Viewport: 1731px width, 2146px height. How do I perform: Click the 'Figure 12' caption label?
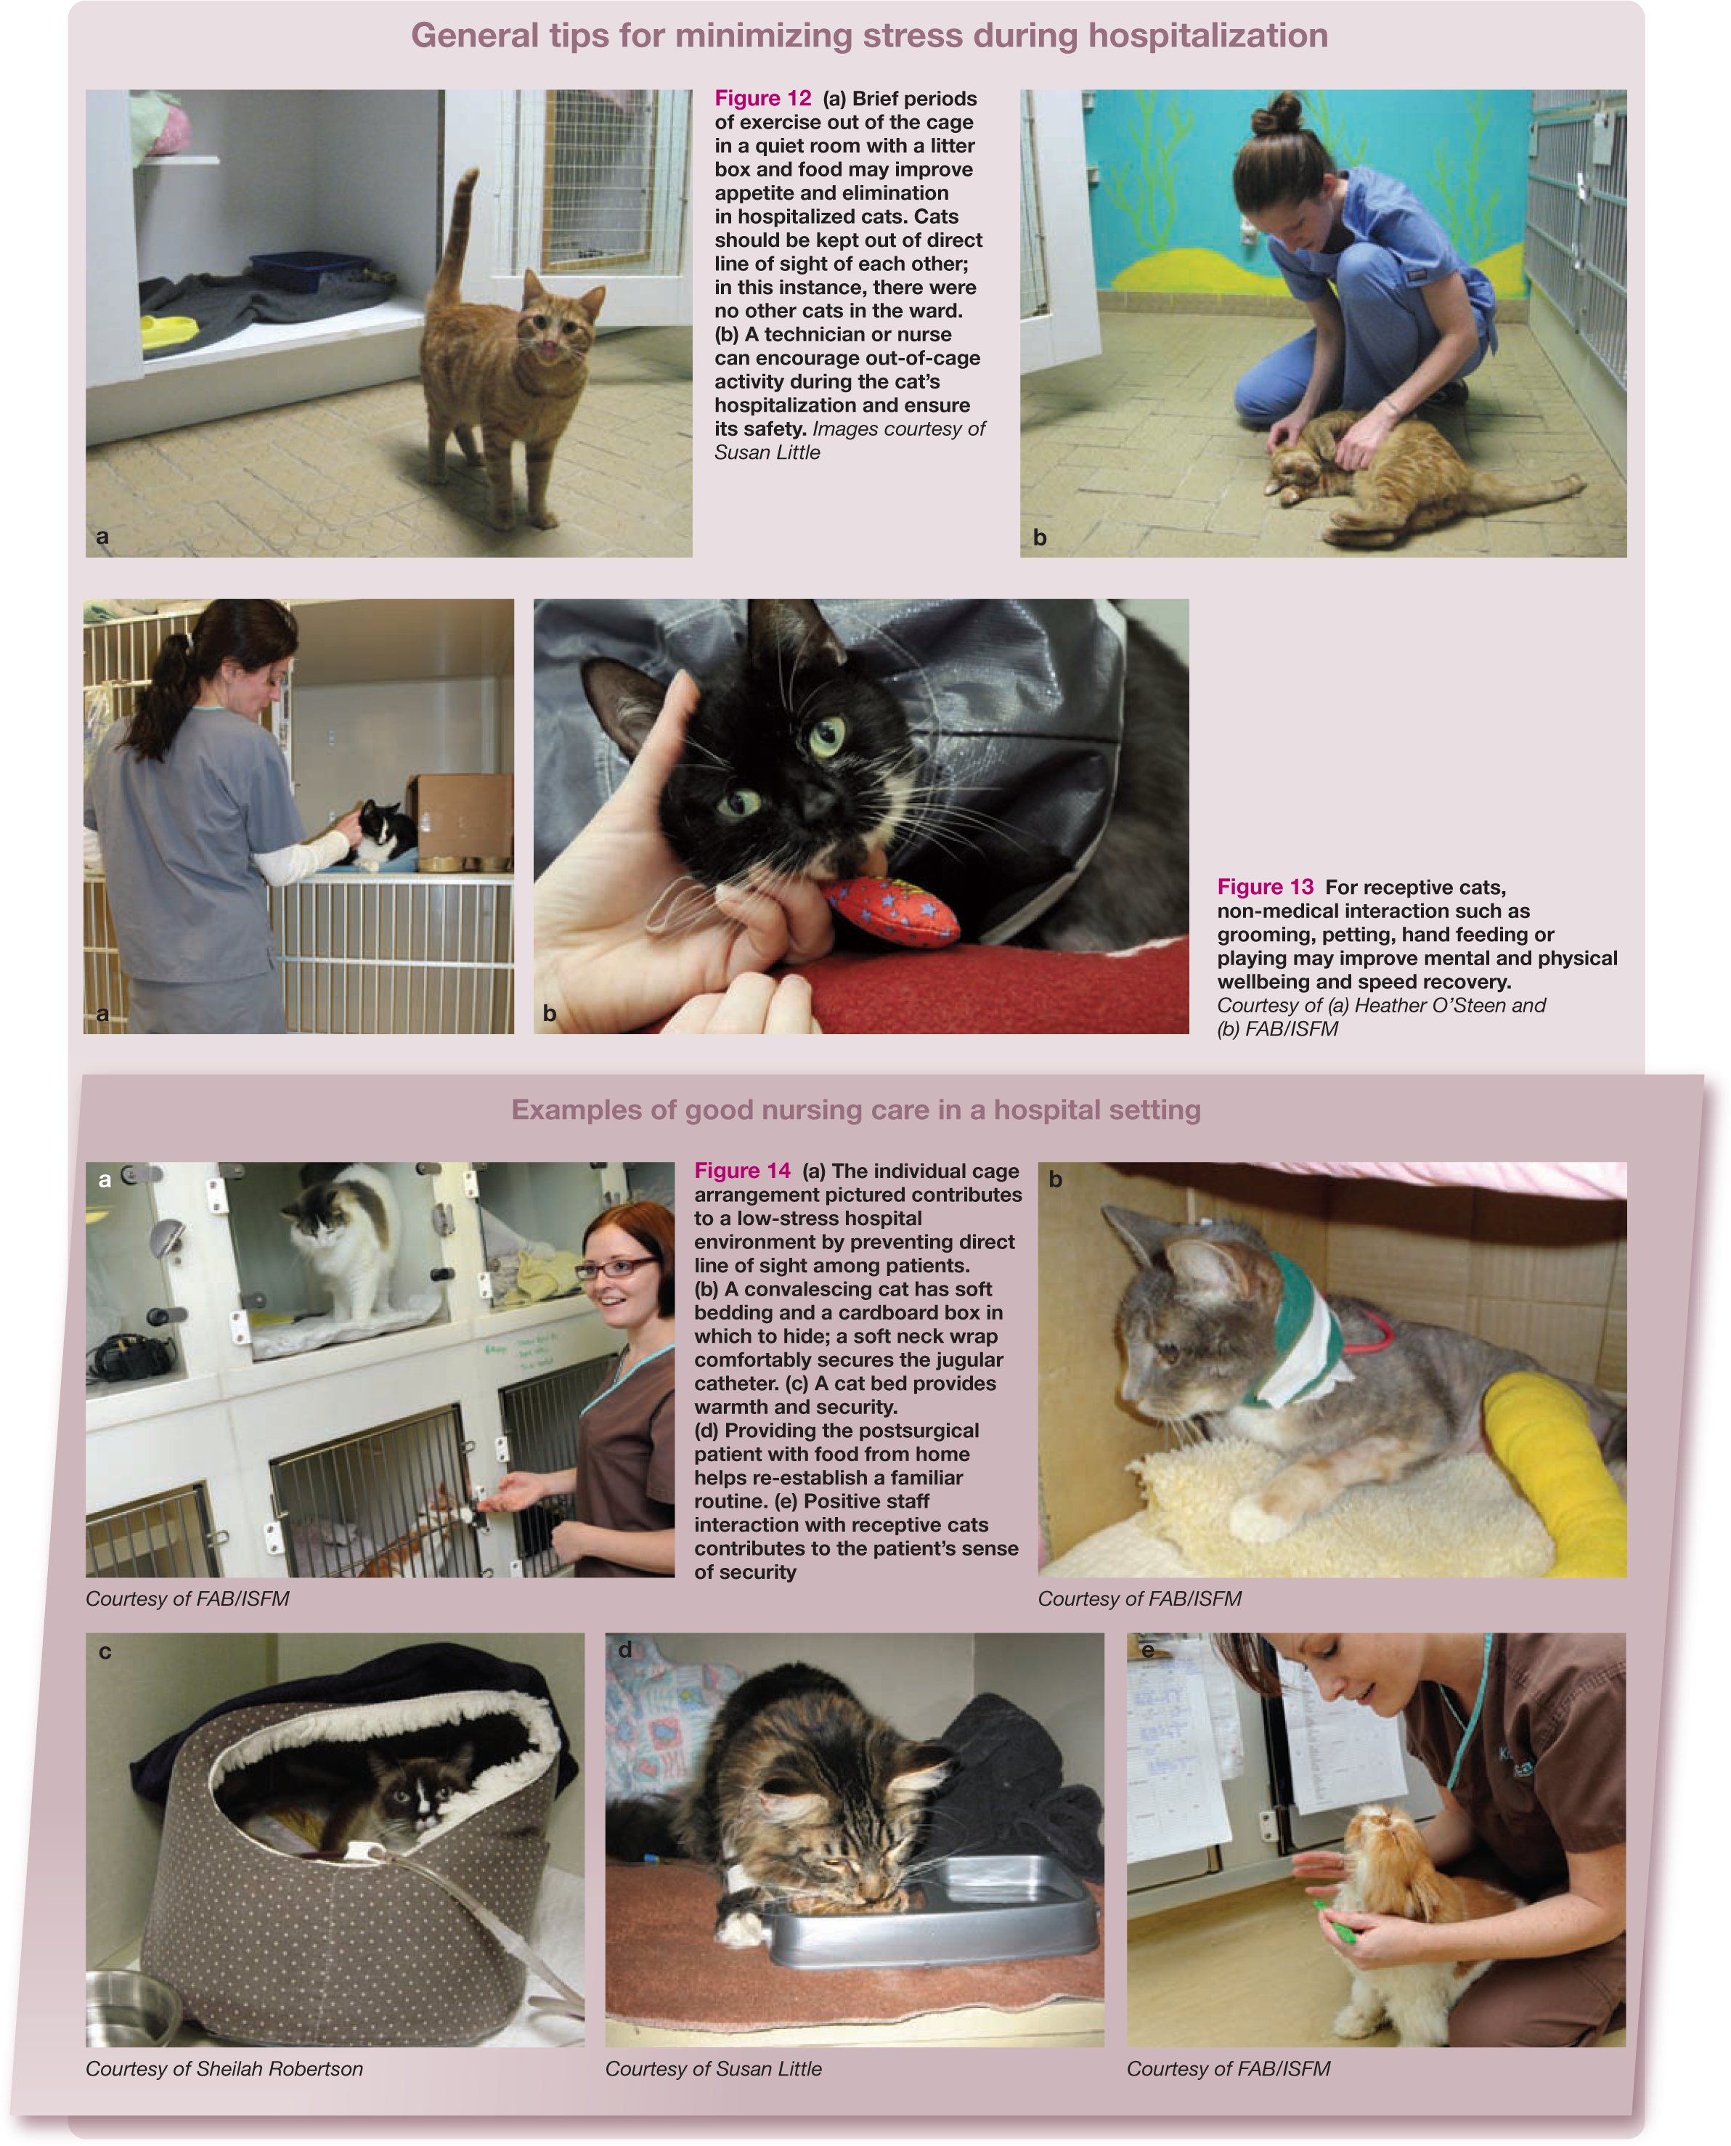[763, 98]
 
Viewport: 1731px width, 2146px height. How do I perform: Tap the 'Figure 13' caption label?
[1266, 887]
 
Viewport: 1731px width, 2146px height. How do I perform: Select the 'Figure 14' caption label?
[743, 1171]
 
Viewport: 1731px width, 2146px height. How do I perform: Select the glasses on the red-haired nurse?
[614, 1267]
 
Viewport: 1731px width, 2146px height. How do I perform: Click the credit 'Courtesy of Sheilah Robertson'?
[224, 2068]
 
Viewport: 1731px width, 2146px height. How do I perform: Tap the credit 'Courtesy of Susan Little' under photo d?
[714, 2068]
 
